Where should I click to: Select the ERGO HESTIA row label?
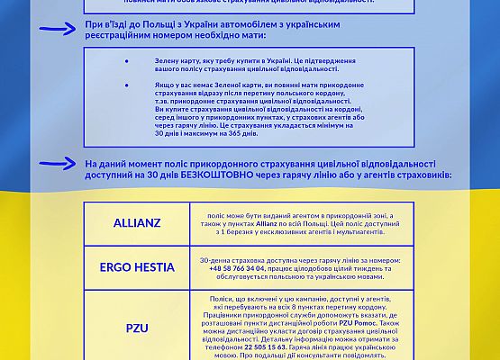click(x=138, y=266)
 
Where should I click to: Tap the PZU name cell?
click(x=138, y=328)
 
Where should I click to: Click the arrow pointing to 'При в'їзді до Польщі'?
click(x=59, y=28)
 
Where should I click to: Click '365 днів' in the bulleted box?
click(x=242, y=132)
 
